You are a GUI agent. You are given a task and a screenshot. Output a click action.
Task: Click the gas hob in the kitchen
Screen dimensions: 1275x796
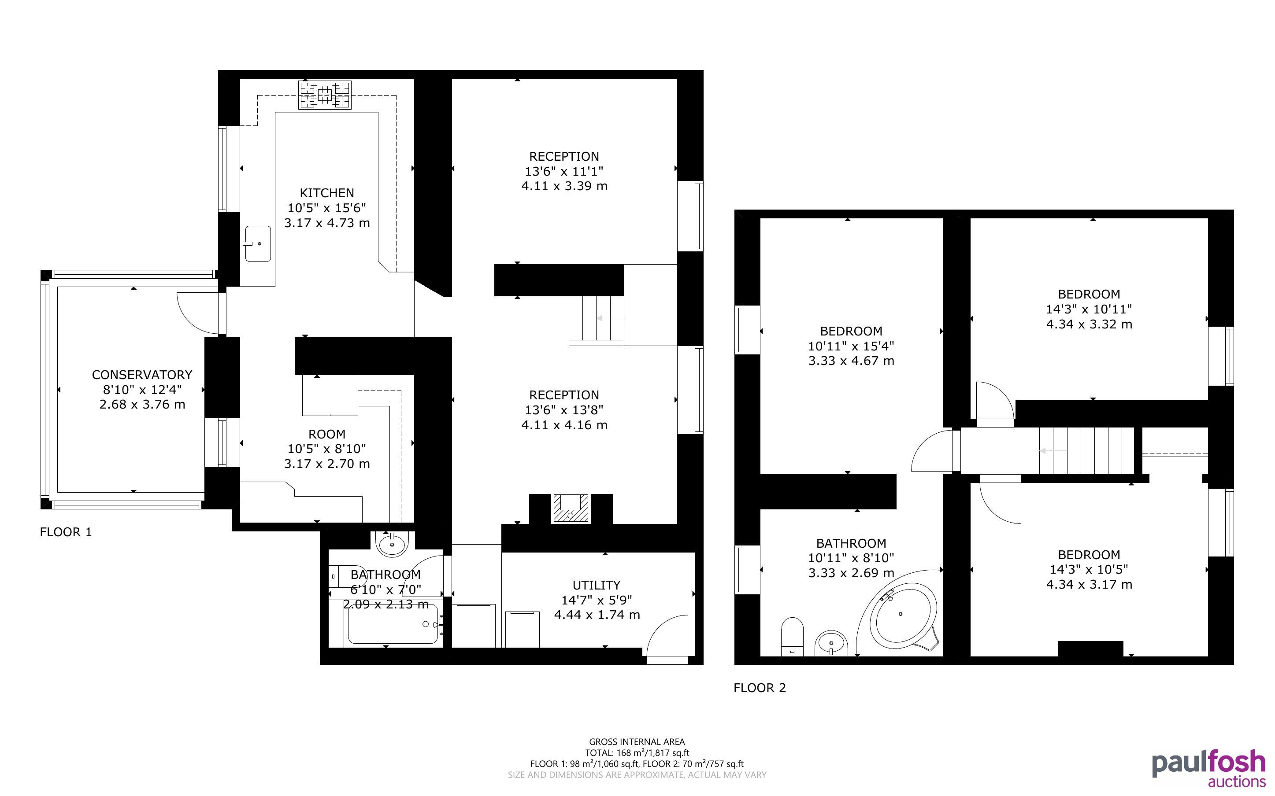(325, 95)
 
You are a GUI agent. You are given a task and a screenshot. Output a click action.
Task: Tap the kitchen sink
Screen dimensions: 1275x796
(258, 244)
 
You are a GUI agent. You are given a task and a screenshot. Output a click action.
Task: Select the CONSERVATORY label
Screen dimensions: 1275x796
(142, 375)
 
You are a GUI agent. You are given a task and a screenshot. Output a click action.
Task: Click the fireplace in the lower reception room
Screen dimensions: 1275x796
(570, 509)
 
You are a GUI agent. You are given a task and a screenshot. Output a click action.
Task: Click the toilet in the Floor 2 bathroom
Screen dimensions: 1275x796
(792, 637)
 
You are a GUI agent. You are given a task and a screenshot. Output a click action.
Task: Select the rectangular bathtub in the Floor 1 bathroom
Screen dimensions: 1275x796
(393, 624)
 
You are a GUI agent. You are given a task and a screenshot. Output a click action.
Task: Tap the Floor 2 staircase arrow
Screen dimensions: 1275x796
(1052, 451)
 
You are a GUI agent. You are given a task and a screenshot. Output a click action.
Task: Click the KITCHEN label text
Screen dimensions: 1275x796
(327, 193)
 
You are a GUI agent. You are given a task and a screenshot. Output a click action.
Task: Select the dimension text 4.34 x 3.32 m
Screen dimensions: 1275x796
(1089, 324)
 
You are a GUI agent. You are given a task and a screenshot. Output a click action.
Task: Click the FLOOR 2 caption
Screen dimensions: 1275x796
(760, 688)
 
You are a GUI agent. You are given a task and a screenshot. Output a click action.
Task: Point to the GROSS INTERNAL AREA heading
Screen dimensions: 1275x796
(637, 742)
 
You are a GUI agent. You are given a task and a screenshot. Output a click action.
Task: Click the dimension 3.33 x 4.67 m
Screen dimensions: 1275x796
(852, 361)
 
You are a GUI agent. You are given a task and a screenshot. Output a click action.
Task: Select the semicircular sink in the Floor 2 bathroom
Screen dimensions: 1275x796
(831, 644)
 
